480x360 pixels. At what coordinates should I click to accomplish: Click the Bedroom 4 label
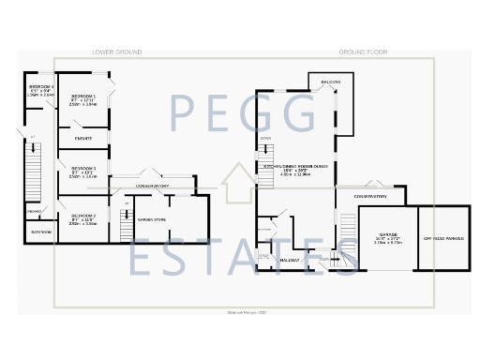(x=40, y=87)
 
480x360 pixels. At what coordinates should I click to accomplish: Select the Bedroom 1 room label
(x=82, y=97)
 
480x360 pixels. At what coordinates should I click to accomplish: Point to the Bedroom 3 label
(x=82, y=169)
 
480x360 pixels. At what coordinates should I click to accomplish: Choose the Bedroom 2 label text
(x=82, y=217)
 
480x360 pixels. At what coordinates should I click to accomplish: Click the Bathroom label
(x=40, y=231)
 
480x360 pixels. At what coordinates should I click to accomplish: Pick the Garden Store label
(x=151, y=219)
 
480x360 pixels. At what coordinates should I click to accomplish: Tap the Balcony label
(x=330, y=83)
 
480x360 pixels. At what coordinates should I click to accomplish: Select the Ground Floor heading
(x=364, y=52)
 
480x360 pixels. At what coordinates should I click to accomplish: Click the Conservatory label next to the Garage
(x=373, y=197)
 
